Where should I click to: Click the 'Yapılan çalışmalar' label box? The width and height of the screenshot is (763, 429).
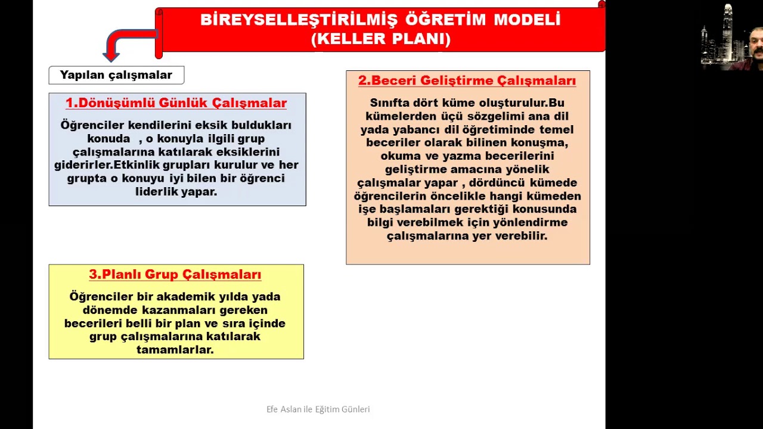pyautogui.click(x=116, y=75)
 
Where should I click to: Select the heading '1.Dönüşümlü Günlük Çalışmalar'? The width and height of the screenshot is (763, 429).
pyautogui.click(x=176, y=103)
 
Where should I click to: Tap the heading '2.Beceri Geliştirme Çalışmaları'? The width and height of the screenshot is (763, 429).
pyautogui.click(x=467, y=81)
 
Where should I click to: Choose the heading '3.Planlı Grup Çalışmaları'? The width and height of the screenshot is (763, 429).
pyautogui.click(x=175, y=275)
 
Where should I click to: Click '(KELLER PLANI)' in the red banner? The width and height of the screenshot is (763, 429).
pyautogui.click(x=380, y=39)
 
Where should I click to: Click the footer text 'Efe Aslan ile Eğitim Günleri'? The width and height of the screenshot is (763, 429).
pyautogui.click(x=318, y=409)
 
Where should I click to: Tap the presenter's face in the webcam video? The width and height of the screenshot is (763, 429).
pyautogui.click(x=758, y=52)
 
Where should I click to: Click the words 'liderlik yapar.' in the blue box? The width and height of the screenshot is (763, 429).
pyautogui.click(x=176, y=192)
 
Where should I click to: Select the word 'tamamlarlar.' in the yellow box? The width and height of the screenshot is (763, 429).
pyautogui.click(x=175, y=350)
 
